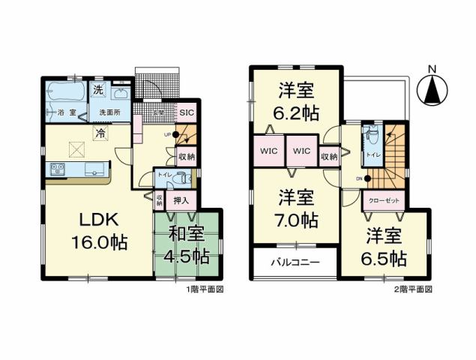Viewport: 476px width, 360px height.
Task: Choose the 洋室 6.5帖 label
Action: pyautogui.click(x=386, y=248)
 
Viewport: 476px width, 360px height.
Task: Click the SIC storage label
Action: pyautogui.click(x=187, y=112)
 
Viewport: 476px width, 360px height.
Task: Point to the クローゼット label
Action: pyautogui.click(x=385, y=201)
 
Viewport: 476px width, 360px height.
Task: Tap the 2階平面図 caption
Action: pyautogui.click(x=413, y=288)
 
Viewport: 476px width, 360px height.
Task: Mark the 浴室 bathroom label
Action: pyautogui.click(x=66, y=112)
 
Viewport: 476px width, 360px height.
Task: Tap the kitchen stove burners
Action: pyautogui.click(x=58, y=170)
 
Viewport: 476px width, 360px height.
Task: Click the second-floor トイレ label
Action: pyautogui.click(x=373, y=154)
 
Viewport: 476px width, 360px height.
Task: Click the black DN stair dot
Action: pyautogui.click(x=368, y=178)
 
